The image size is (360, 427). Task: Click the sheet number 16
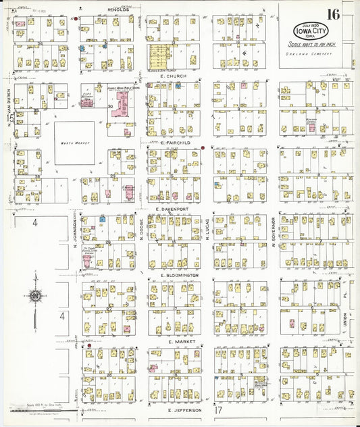click(x=334, y=14)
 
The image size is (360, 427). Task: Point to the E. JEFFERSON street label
click(x=184, y=409)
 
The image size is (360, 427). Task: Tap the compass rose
click(x=34, y=296)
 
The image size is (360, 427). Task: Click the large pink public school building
click(x=122, y=103)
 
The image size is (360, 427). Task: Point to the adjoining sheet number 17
click(x=217, y=411)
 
